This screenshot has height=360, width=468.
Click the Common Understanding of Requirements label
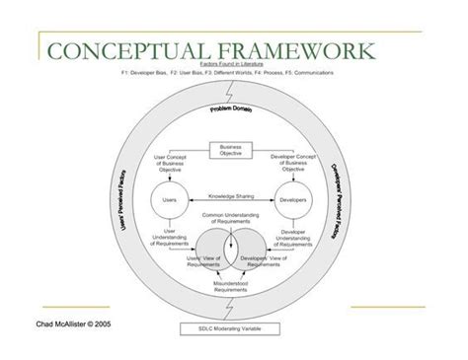229,218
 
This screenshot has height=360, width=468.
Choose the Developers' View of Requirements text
267,259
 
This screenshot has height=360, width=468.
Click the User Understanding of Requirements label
165,237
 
